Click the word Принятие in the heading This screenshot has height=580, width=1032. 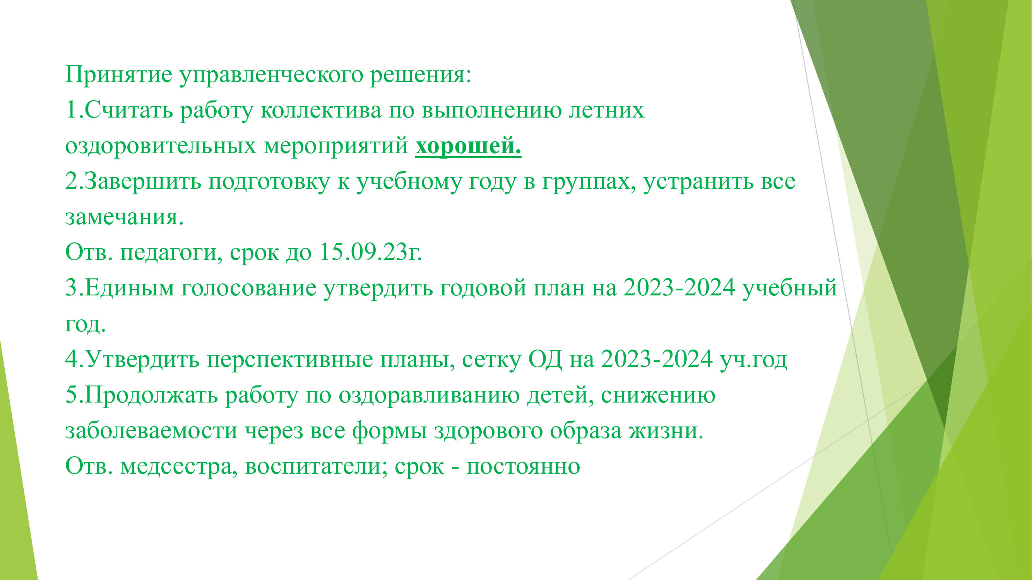coord(118,75)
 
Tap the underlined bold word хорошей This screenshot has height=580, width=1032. coord(468,146)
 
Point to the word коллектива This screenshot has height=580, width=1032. coord(321,110)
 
